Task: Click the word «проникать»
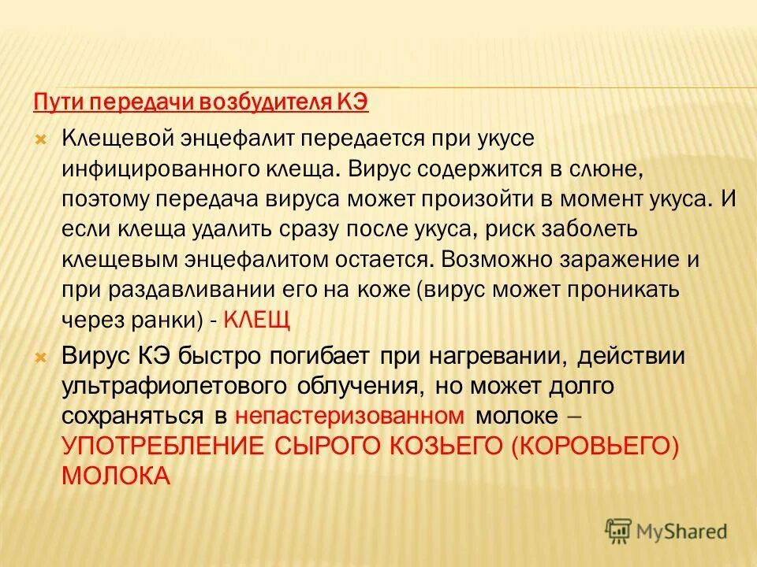tap(621, 289)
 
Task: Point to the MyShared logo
tap(666, 531)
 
